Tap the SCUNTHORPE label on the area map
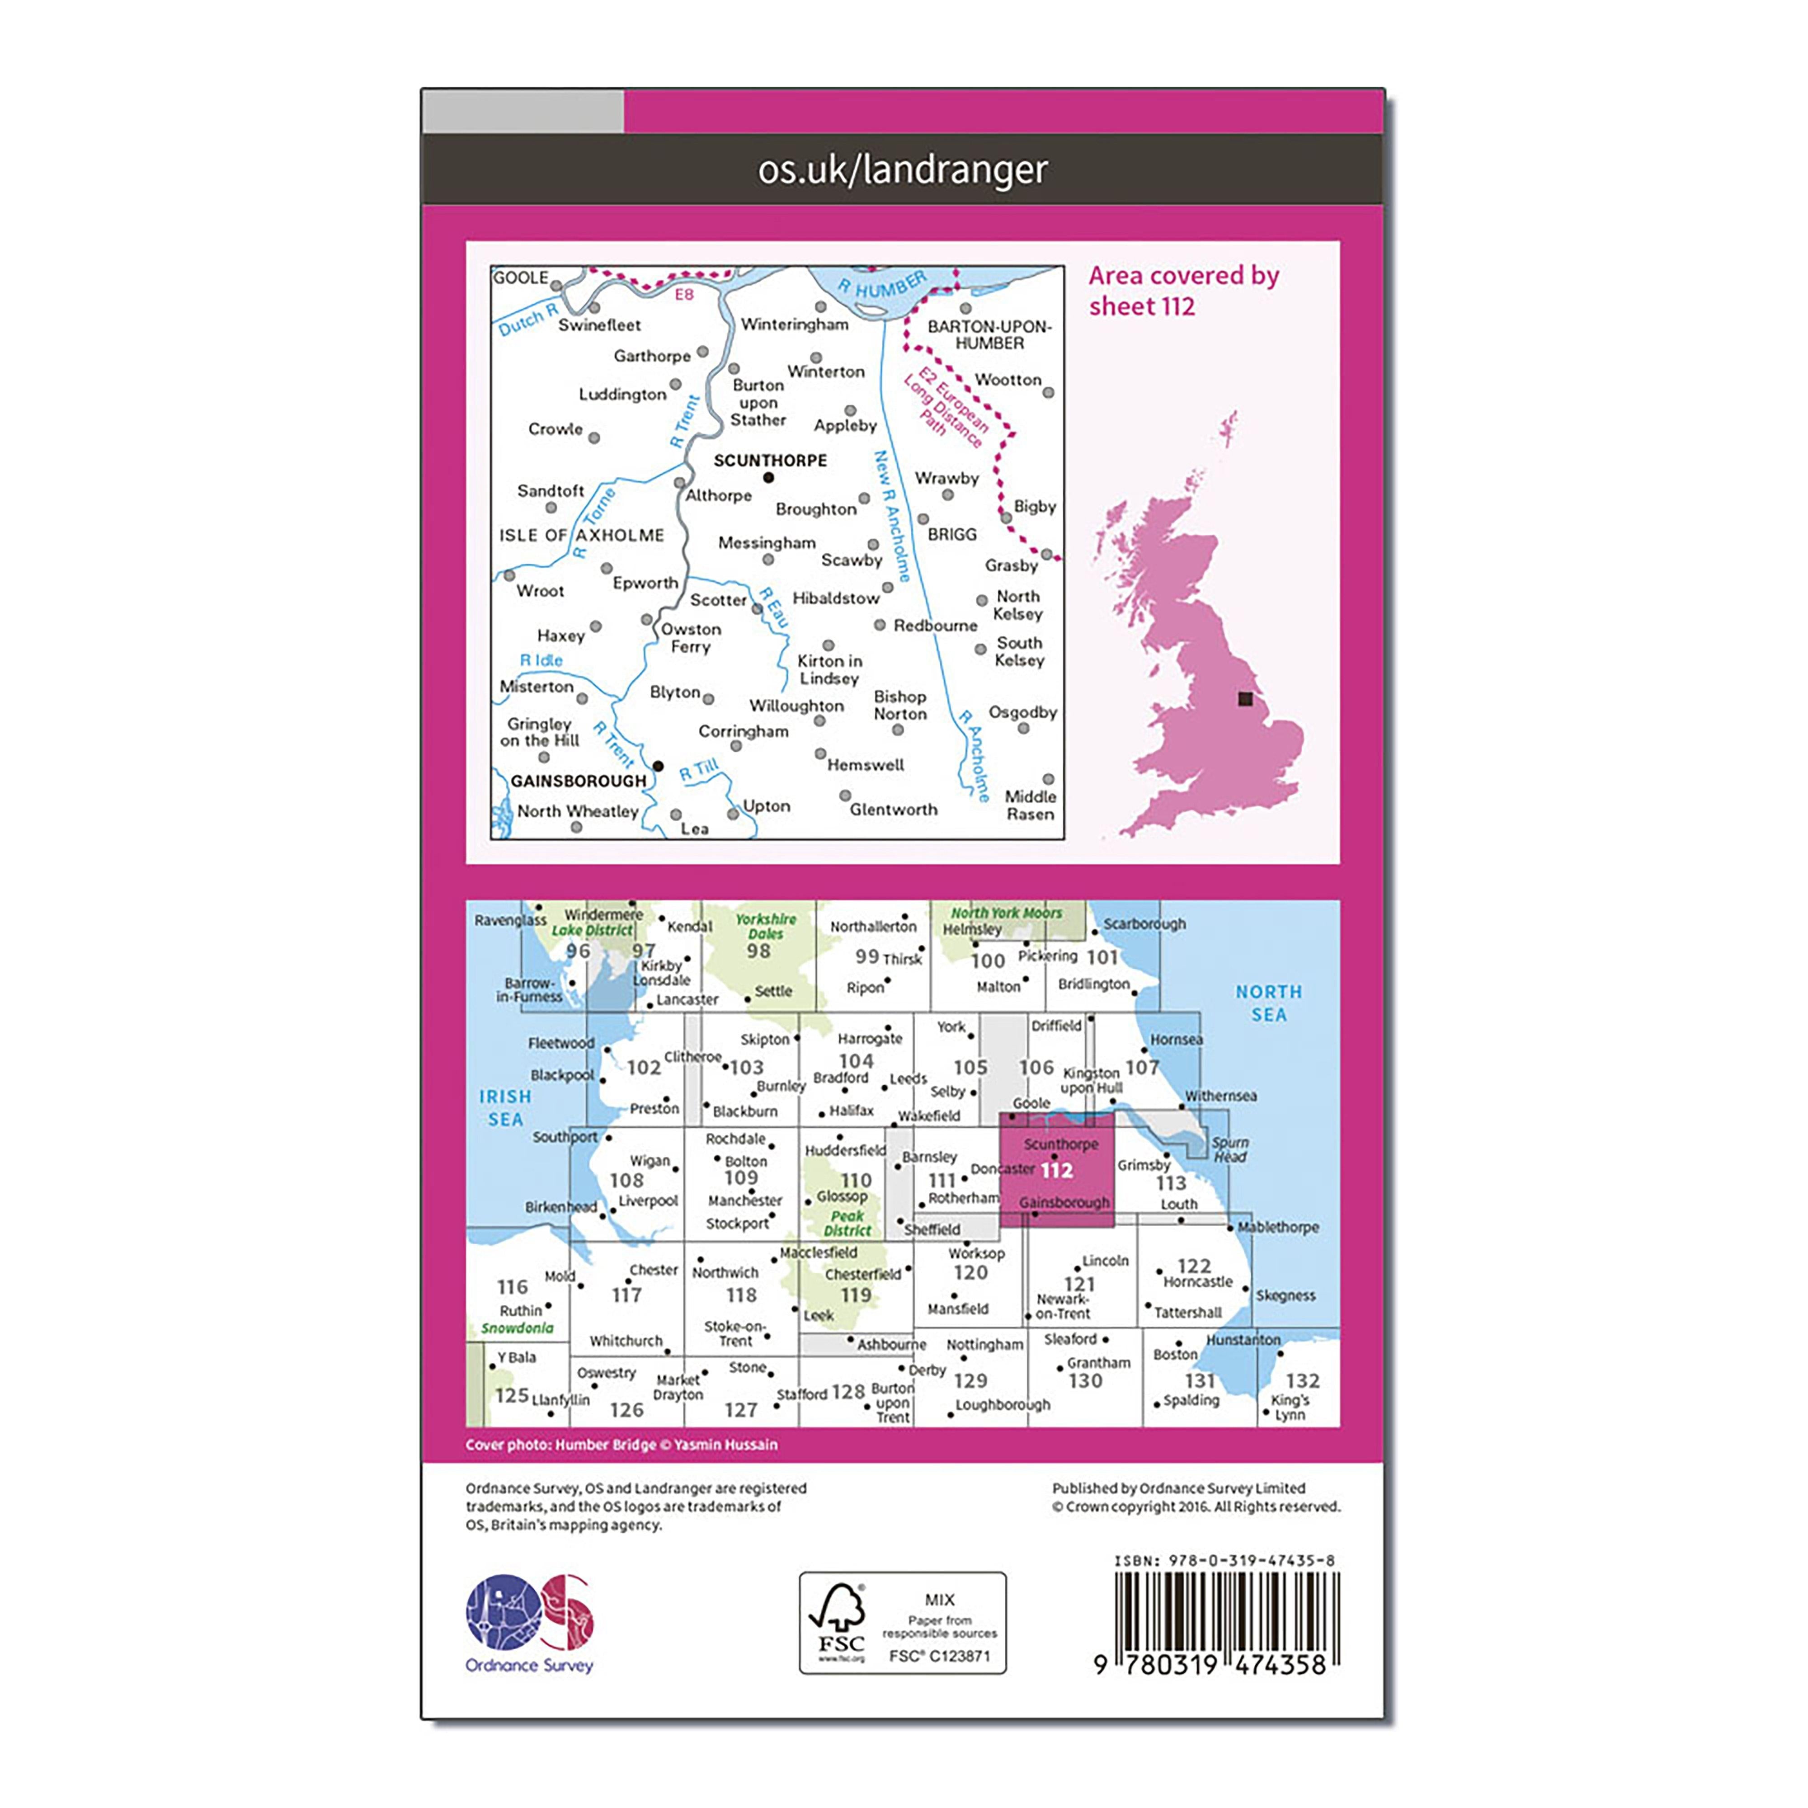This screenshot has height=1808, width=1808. (x=770, y=461)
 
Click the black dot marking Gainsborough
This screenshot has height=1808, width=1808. (x=658, y=767)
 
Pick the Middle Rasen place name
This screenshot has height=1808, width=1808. (x=1031, y=805)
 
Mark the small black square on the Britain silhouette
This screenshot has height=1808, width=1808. (x=1245, y=699)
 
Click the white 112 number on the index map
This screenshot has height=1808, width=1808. (x=1056, y=1171)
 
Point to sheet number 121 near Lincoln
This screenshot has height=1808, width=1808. (x=1079, y=1285)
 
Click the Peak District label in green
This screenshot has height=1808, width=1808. (x=848, y=1223)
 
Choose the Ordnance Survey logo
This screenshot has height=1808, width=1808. (x=530, y=1624)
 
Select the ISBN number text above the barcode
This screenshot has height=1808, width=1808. (x=1224, y=1561)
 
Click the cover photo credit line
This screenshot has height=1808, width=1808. (x=621, y=1445)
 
